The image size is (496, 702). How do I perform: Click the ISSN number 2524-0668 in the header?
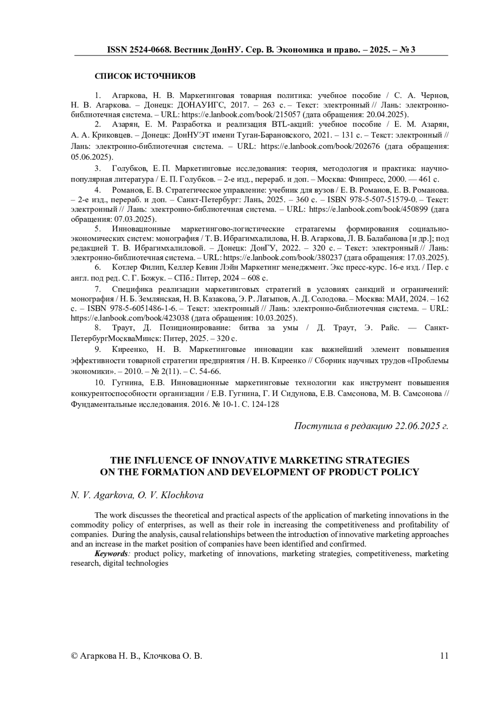coord(148,50)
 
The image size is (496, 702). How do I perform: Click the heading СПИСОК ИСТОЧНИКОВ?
coord(145,76)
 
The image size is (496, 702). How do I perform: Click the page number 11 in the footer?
coord(444,656)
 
